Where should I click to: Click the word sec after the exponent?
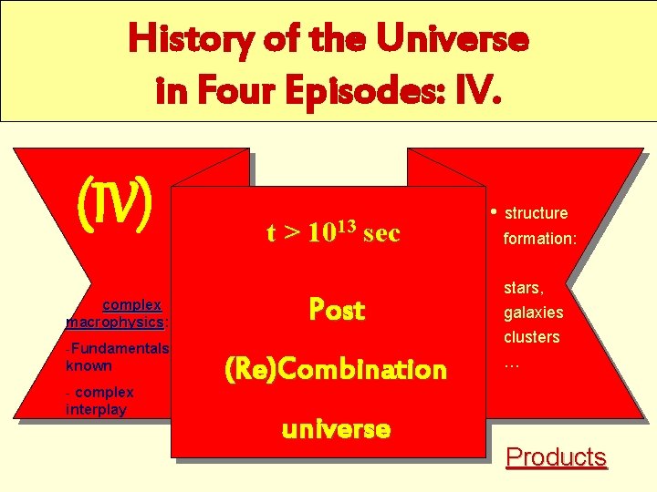[x=381, y=233]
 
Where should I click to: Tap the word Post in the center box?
[x=337, y=310]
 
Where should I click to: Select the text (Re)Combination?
[x=336, y=369]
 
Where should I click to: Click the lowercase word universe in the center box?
[x=336, y=427]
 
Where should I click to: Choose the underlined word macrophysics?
[x=115, y=322]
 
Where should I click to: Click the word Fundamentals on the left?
[x=120, y=348]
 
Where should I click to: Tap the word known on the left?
[x=89, y=365]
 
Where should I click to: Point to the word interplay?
[x=96, y=409]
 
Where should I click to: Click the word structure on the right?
[x=537, y=213]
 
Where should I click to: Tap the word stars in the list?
[x=523, y=289]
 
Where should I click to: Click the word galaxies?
[x=534, y=313]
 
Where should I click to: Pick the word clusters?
[x=532, y=337]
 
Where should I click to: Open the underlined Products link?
[x=556, y=456]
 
